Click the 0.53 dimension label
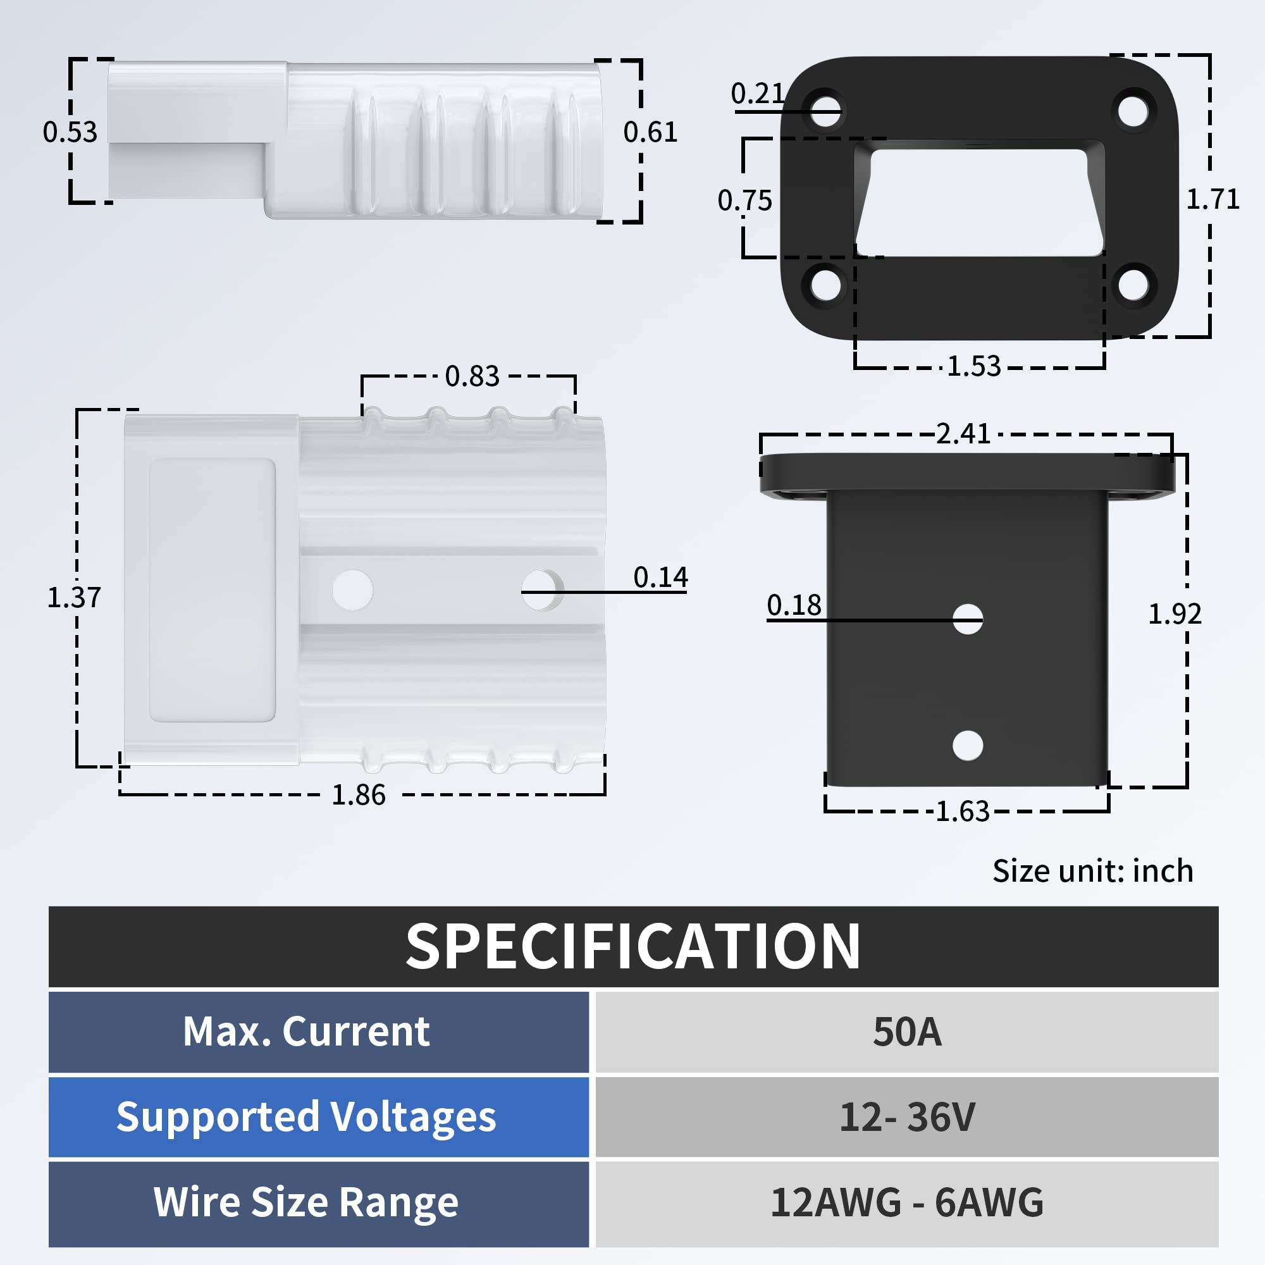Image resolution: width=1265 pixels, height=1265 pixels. point(70,132)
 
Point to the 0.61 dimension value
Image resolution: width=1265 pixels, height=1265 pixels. point(650,132)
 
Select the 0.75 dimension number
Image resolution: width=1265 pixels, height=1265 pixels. point(744,201)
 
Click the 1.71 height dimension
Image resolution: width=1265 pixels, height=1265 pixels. point(1213,199)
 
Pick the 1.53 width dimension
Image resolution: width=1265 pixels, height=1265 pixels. point(973,366)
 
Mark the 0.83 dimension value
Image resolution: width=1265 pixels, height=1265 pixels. point(472,376)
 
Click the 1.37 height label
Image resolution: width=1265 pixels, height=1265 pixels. point(74,597)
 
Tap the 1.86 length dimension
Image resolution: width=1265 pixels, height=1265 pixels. point(358,795)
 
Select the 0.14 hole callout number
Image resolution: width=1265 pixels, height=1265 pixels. point(660,577)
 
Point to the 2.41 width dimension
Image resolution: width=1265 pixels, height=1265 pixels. point(963,433)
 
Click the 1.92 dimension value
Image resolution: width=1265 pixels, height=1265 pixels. point(1175,614)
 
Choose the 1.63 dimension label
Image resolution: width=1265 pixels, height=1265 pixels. point(962,811)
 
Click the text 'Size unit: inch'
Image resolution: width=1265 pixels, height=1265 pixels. point(1092,871)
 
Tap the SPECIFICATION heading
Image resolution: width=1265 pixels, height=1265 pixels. point(632,947)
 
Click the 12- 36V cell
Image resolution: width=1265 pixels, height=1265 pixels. point(907,1118)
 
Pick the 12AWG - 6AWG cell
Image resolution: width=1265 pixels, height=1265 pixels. point(907,1203)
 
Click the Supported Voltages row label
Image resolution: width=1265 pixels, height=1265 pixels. point(305,1118)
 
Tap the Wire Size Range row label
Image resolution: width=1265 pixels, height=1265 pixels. point(305,1203)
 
